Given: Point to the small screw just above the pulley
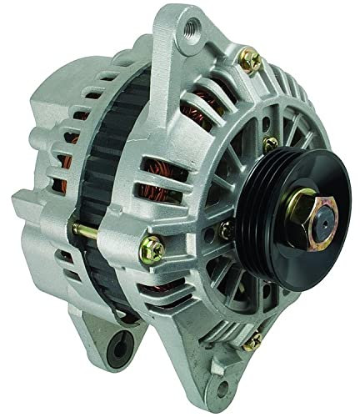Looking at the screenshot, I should point(269,143).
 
